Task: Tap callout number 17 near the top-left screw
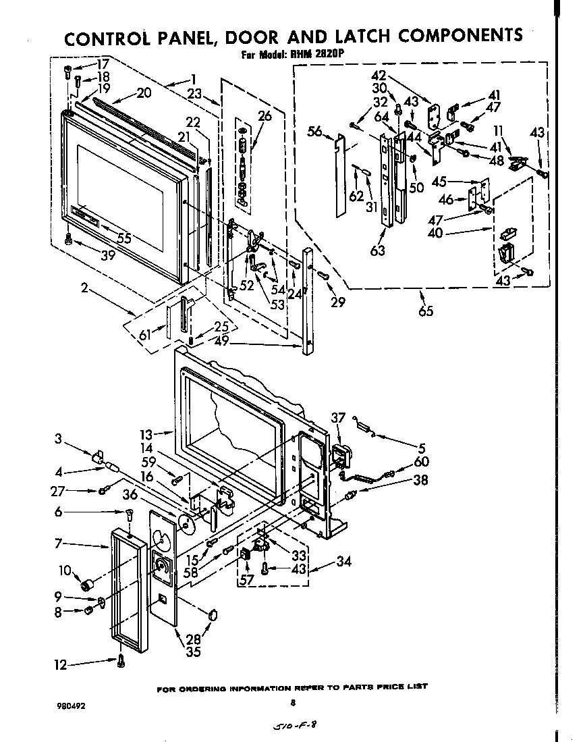click(x=102, y=66)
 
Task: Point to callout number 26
click(x=264, y=115)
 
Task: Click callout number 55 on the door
click(x=123, y=238)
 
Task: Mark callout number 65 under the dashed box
click(x=425, y=311)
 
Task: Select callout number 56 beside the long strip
click(x=315, y=132)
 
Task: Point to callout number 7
click(x=59, y=544)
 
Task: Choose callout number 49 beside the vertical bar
click(x=221, y=341)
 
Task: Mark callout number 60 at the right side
click(x=422, y=462)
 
